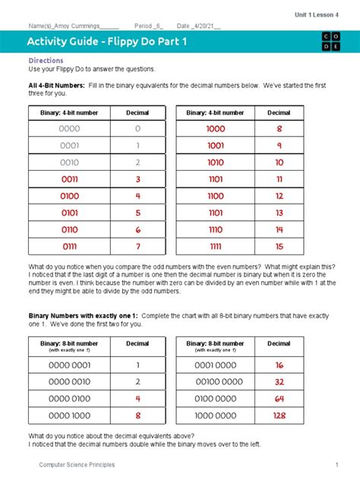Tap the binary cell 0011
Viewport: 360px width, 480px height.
point(69,179)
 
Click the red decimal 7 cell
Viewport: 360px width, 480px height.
point(137,246)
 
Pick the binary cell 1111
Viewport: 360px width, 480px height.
point(216,246)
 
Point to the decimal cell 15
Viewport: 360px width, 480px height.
point(279,246)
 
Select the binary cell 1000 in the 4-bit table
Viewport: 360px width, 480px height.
point(216,129)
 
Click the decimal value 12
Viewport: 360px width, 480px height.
point(279,196)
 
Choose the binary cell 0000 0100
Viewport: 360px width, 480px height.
point(69,398)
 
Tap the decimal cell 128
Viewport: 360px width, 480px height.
point(279,415)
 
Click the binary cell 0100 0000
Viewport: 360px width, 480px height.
point(216,398)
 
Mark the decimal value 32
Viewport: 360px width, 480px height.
point(279,381)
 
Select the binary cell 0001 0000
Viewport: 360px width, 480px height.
point(216,365)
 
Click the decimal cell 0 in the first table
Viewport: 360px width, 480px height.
point(137,129)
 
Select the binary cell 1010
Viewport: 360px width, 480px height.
point(216,163)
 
